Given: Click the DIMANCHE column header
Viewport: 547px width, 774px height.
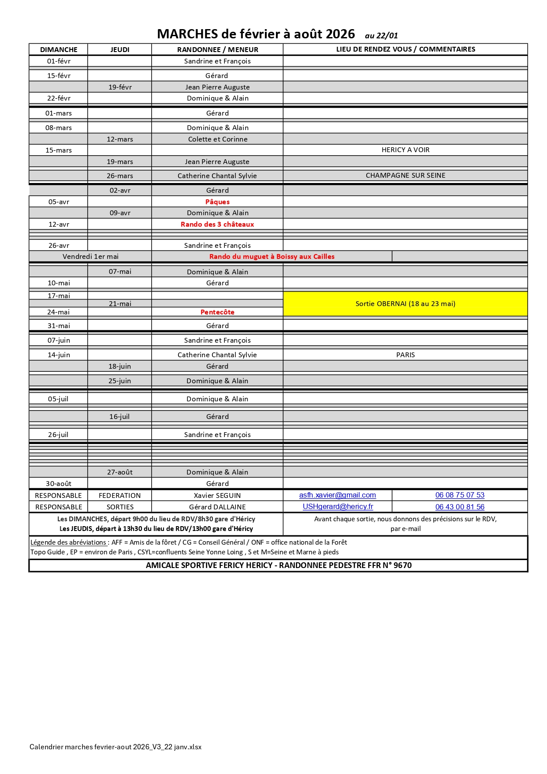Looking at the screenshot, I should (59, 49).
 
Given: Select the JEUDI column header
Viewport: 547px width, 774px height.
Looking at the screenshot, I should (120, 49).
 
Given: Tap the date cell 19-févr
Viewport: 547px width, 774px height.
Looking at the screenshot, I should (120, 87).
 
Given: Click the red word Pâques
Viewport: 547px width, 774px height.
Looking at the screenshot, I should (217, 202).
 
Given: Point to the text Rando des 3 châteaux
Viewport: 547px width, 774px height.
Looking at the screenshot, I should (217, 224).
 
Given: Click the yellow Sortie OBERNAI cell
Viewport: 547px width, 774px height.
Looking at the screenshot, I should (405, 304).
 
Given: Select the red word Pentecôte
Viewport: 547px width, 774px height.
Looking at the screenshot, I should (217, 312).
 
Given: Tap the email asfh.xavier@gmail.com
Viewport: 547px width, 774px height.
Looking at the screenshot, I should (337, 495).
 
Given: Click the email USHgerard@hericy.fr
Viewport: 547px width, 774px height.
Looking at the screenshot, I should (338, 507).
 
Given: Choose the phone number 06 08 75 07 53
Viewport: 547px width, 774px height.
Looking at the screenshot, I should (460, 495).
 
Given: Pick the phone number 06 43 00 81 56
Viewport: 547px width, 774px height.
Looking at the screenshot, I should (460, 507).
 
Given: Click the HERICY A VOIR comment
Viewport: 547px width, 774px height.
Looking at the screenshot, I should (406, 150).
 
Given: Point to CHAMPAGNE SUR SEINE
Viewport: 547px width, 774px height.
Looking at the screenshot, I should (406, 176).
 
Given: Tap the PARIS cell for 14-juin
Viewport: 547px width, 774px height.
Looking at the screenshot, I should (406, 355).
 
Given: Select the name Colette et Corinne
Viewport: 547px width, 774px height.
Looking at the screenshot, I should (218, 139).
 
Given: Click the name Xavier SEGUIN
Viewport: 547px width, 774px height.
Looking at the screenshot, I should (217, 496).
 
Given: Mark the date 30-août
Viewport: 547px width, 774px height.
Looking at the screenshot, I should (59, 484).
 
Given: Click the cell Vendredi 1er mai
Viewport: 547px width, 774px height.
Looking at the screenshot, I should (90, 257).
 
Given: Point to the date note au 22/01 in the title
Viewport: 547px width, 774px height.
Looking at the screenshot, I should (381, 36).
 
